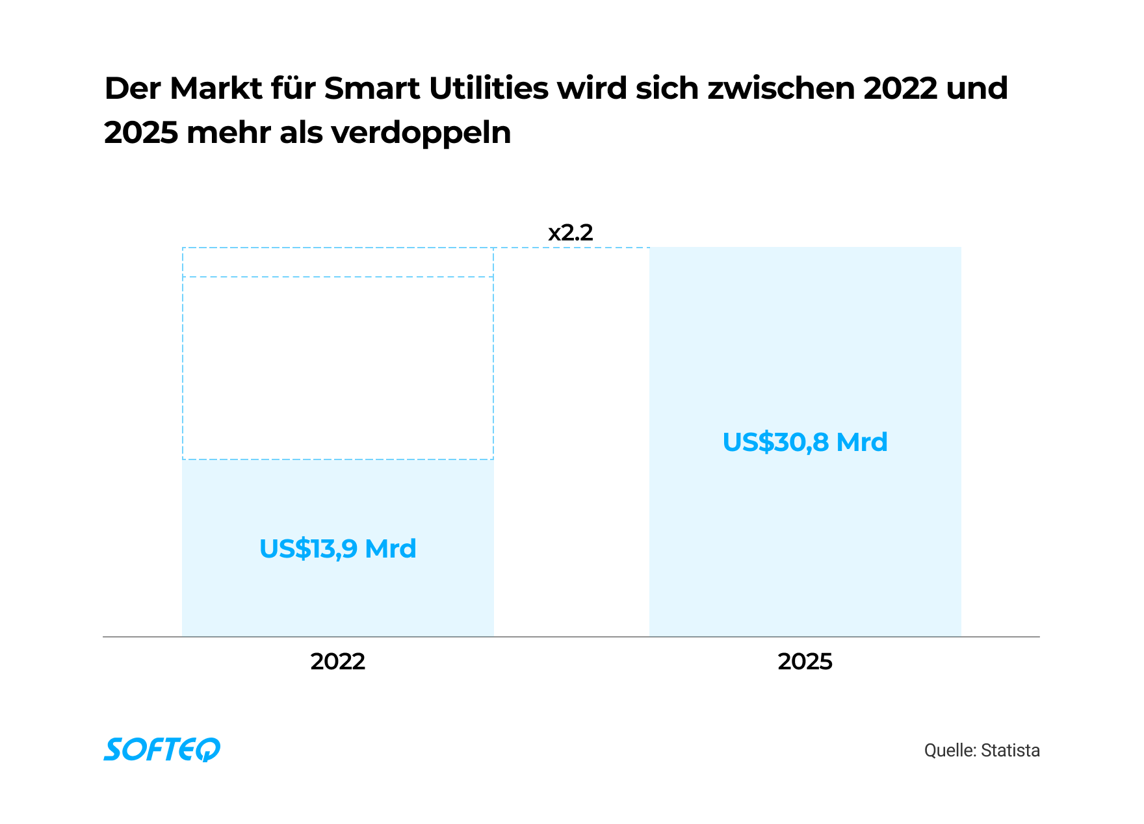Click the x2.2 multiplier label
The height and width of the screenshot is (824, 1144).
[x=571, y=233]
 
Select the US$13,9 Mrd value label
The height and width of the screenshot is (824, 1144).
[x=337, y=548]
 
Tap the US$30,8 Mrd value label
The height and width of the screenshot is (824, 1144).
[x=805, y=442]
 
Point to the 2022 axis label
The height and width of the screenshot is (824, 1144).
[x=337, y=662]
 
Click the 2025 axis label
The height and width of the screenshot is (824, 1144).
[x=805, y=662]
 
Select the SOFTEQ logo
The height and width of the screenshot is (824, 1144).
[x=162, y=749]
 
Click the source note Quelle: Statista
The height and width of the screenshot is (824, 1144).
[x=981, y=751]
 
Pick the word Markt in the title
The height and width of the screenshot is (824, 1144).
[x=215, y=88]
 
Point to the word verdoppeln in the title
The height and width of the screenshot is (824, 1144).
[x=421, y=133]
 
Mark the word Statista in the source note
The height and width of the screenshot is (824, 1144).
[x=1010, y=751]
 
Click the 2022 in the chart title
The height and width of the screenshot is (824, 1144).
[x=900, y=88]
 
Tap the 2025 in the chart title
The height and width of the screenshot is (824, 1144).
[x=140, y=133]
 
